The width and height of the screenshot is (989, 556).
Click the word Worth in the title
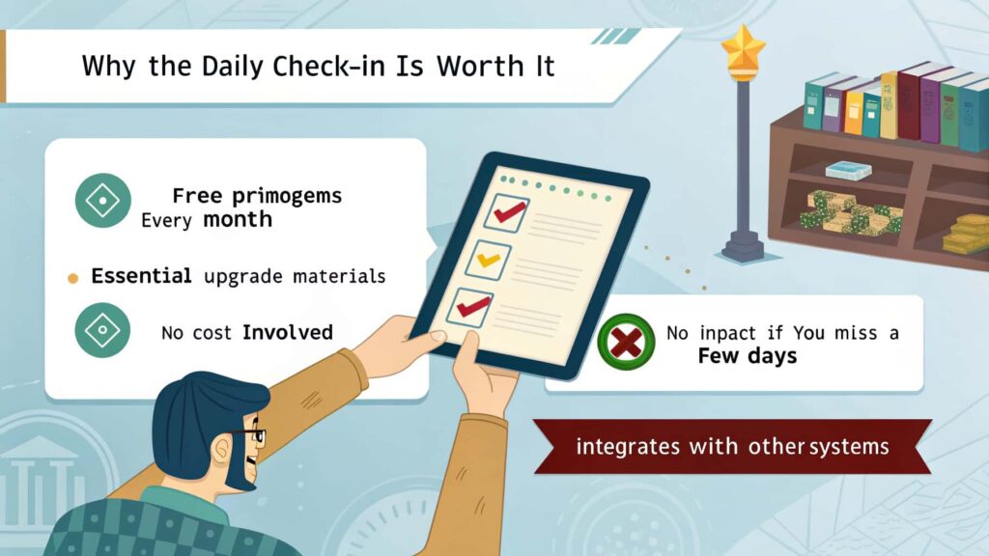point(480,66)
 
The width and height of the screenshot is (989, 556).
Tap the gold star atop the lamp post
point(743,48)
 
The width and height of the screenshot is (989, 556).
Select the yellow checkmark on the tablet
point(488,260)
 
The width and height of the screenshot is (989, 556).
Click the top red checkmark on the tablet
point(510,211)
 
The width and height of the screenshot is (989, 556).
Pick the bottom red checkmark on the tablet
point(472,306)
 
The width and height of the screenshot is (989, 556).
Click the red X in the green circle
point(626,342)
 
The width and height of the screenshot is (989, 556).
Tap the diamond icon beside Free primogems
point(102,201)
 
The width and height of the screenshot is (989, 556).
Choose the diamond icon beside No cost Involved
point(102,330)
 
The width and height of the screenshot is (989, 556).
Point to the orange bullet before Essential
point(73,278)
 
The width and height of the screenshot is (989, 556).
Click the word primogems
point(287,197)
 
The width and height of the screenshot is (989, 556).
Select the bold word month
point(238,219)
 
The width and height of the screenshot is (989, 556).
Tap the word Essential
point(141,275)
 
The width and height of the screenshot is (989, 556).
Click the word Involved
point(288,332)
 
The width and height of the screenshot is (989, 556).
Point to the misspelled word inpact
point(727,333)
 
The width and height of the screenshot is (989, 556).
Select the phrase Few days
point(748,356)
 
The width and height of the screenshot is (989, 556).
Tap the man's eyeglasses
point(248,435)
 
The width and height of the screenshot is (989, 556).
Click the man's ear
point(221,450)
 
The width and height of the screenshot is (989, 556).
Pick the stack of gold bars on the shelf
point(966,234)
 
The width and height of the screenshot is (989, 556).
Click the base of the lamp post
point(743,246)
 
